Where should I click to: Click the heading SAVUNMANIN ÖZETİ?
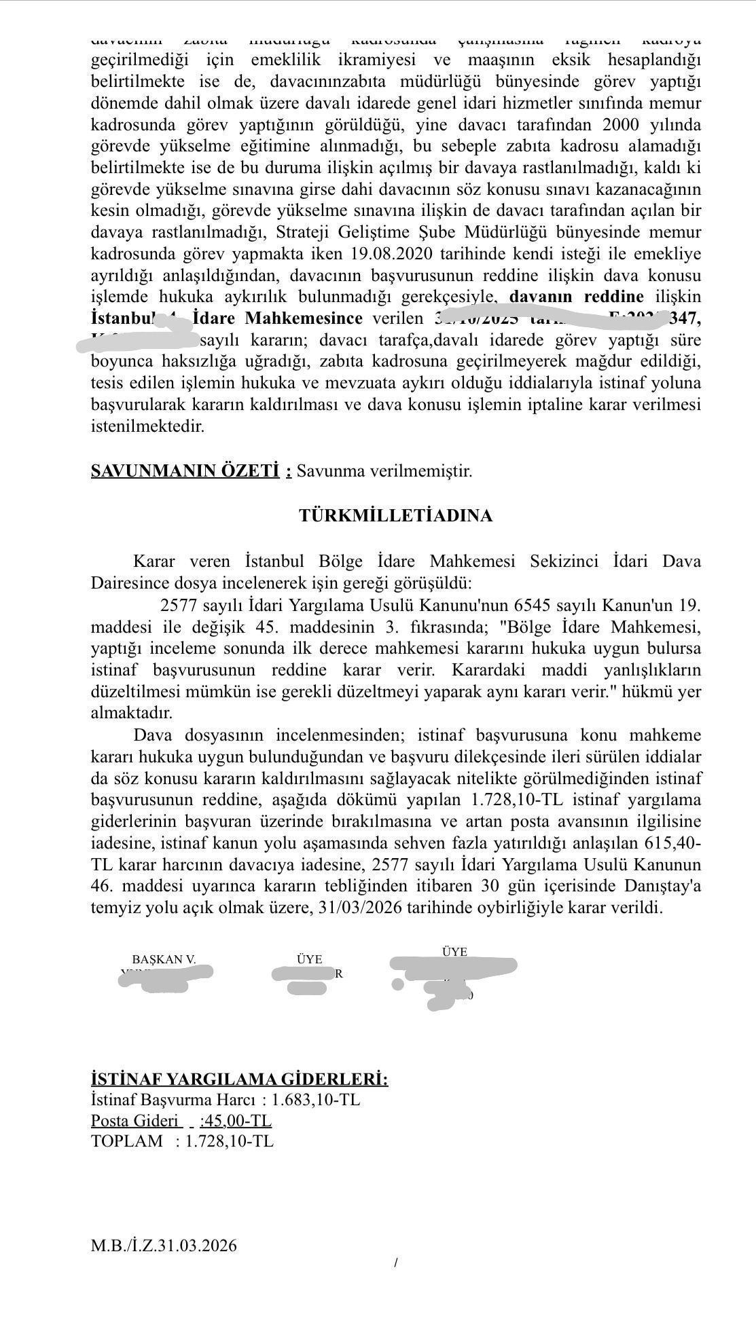(185, 471)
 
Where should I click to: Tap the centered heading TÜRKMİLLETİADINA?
(395, 516)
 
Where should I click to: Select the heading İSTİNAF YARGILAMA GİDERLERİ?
(239, 1080)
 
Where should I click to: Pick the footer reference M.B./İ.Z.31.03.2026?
(164, 1246)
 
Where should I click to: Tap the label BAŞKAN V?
(164, 959)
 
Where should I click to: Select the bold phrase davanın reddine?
(576, 297)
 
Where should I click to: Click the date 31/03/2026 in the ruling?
(357, 908)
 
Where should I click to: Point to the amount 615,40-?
(672, 844)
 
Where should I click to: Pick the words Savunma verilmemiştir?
(384, 471)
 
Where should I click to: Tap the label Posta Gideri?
(136, 1121)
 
